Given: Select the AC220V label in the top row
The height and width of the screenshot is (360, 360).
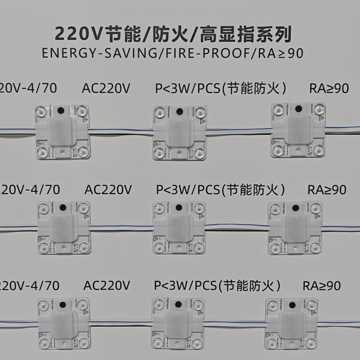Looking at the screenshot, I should click(x=106, y=89).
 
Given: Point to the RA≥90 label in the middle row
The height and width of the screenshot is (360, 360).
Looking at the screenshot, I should click(x=327, y=190).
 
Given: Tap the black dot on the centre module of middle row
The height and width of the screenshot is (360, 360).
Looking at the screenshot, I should click(x=179, y=207).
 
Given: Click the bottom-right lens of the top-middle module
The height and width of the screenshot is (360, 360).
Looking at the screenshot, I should click(x=199, y=153).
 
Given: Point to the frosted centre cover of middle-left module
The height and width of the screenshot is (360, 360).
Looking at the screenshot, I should click(x=63, y=228).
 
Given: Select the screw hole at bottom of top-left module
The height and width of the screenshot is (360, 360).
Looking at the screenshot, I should click(x=62, y=152).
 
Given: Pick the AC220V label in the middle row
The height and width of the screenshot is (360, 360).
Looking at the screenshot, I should click(x=108, y=190).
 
